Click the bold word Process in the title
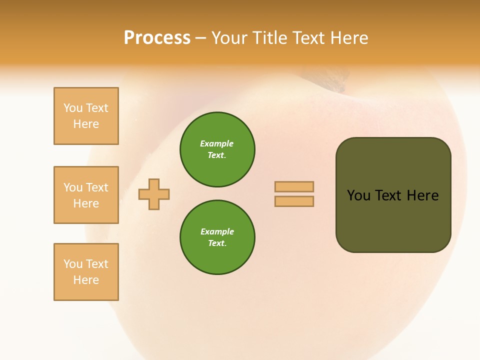[x=157, y=38]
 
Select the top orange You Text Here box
[x=86, y=116]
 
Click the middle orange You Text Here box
[x=86, y=195]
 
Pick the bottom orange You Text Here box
[x=86, y=272]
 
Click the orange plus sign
[x=154, y=194]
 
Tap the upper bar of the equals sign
[x=294, y=186]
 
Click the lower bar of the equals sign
[x=294, y=201]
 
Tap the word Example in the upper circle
[x=216, y=143]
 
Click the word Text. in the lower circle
[x=217, y=243]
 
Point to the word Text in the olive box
[x=388, y=195]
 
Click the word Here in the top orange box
[x=86, y=124]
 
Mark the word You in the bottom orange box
[x=73, y=264]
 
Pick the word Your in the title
[x=229, y=38]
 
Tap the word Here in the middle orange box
[x=86, y=203]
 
